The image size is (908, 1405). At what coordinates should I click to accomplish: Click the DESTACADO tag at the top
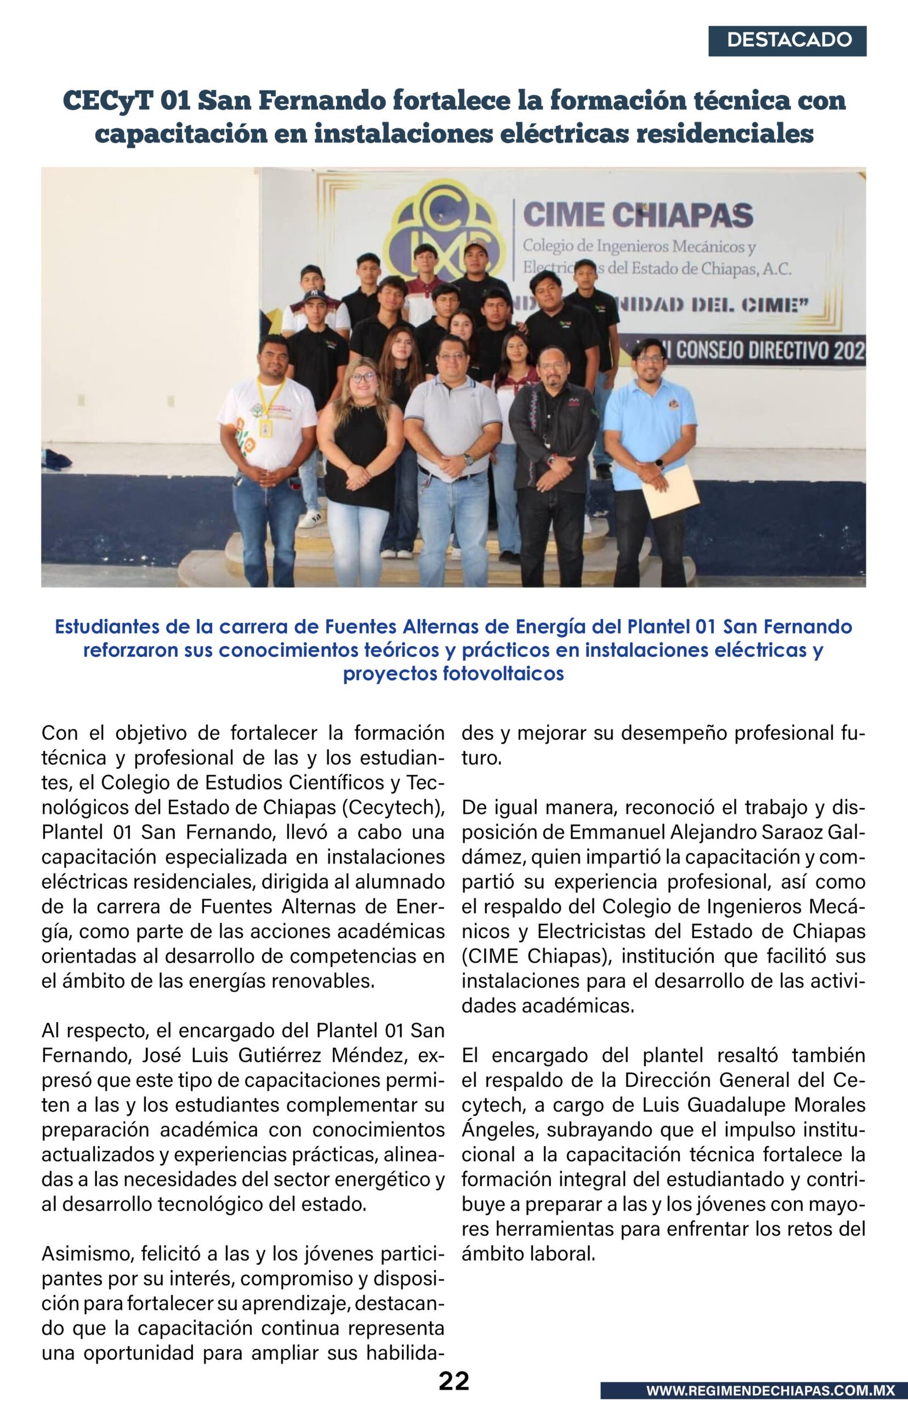(x=789, y=40)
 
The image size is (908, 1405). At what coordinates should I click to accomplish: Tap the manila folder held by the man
(x=671, y=491)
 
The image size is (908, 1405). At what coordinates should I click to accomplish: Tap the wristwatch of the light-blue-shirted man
(x=659, y=463)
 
